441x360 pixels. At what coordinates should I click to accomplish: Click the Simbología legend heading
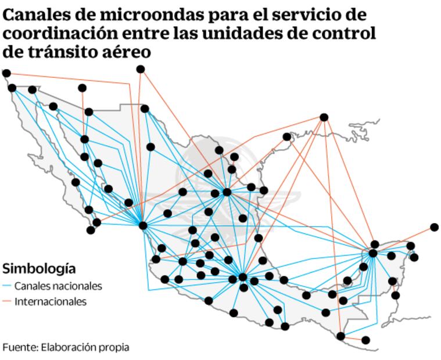coord(38,268)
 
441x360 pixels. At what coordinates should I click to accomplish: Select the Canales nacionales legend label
coord(58,286)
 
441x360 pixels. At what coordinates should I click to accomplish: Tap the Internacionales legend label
coord(51,301)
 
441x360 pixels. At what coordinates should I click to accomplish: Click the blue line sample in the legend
coord(7,286)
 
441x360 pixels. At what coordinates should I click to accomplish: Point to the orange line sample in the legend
coord(7,302)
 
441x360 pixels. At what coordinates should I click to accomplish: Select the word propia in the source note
coord(113,347)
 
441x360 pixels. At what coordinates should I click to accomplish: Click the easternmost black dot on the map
coord(434,226)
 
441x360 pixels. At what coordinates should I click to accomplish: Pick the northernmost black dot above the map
coord(140,69)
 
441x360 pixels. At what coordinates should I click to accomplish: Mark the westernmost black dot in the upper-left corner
coord(6,73)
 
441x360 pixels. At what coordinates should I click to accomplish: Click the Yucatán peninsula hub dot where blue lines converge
coord(373,253)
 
